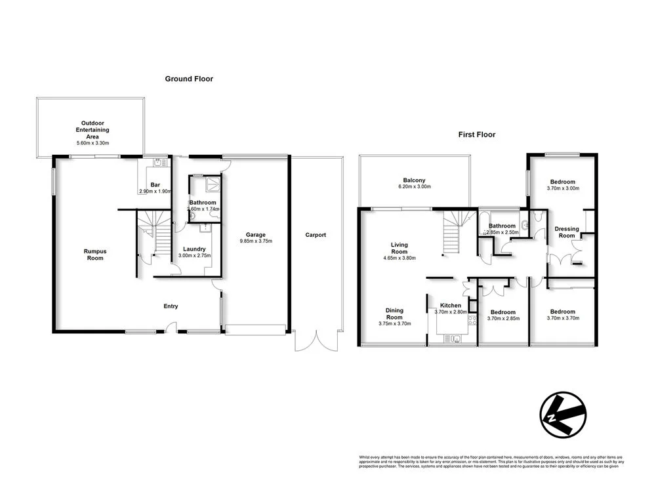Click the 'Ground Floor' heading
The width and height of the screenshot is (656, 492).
(x=188, y=79)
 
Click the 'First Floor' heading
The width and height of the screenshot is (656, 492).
(x=476, y=134)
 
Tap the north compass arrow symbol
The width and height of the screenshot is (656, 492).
(x=563, y=416)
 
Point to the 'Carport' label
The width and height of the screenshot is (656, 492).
(x=315, y=235)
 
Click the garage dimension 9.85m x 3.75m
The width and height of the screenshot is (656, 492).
(x=256, y=241)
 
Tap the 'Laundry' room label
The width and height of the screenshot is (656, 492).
(x=195, y=249)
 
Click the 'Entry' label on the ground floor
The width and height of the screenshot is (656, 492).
(x=170, y=306)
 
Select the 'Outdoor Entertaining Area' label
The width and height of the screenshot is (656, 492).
(x=92, y=129)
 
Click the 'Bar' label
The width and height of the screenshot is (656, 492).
(x=155, y=185)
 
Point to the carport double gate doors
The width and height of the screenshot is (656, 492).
(x=318, y=340)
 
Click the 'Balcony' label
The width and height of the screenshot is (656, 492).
(x=414, y=180)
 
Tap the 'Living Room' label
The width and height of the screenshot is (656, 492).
(x=399, y=249)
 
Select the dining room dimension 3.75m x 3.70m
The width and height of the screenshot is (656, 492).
(x=394, y=323)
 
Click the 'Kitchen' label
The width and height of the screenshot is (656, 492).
(x=451, y=306)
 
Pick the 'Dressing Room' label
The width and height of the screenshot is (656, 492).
(x=567, y=232)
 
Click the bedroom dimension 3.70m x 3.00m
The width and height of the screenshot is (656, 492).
(x=562, y=188)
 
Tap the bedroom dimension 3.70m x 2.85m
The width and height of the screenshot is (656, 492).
(x=503, y=319)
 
